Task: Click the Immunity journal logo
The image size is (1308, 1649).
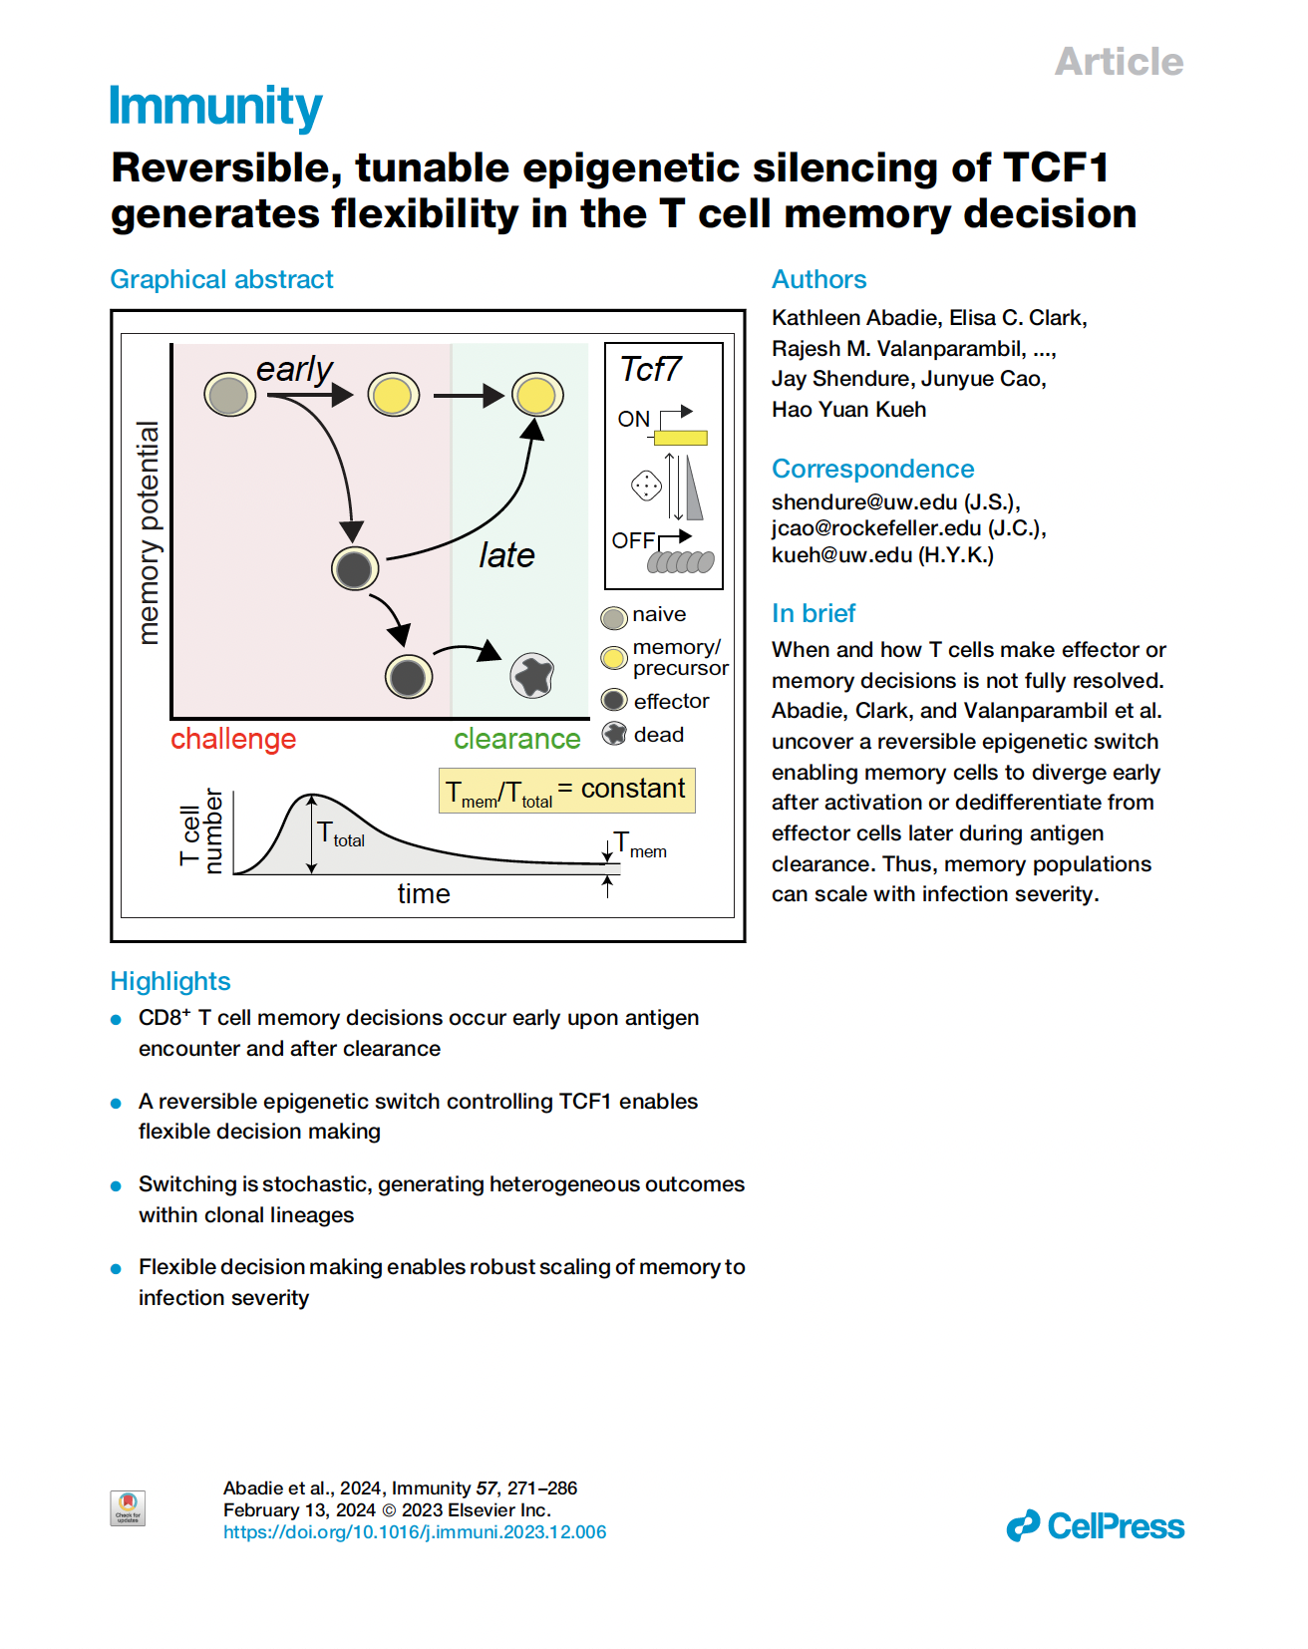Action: point(215,107)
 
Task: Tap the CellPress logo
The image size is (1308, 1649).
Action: point(1095,1526)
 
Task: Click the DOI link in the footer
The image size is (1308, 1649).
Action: point(414,1532)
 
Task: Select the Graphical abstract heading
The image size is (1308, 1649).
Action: point(221,279)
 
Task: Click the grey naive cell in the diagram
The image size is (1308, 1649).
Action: point(229,395)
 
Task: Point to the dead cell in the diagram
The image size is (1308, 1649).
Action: point(532,676)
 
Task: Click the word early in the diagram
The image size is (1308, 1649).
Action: point(294,369)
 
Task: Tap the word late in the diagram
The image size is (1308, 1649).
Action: point(506,555)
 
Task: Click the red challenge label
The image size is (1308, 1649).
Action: point(233,739)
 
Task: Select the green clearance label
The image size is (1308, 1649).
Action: point(516,739)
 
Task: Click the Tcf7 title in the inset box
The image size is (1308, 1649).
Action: point(650,370)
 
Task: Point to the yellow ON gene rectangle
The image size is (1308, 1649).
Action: point(681,437)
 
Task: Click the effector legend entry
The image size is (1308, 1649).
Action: point(670,701)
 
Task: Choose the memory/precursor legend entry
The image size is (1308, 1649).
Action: point(678,657)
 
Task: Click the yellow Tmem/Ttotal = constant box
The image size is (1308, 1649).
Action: point(566,791)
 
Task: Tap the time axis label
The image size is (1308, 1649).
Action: point(424,893)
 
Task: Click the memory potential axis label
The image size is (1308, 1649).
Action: point(148,532)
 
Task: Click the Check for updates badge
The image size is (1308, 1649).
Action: point(128,1507)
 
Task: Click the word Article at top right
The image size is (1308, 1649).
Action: point(1119,62)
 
